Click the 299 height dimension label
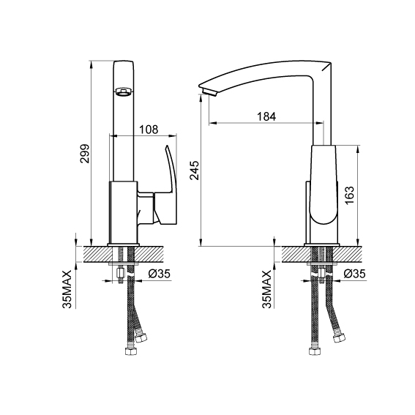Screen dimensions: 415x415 pyautogui.click(x=85, y=154)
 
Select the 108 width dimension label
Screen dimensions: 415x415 pyautogui.click(x=149, y=130)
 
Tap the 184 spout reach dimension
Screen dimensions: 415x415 pyautogui.click(x=266, y=116)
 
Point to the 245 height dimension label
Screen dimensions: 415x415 pyautogui.click(x=195, y=171)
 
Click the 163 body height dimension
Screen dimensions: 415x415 pyautogui.click(x=350, y=195)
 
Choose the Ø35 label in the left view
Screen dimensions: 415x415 pyautogui.click(x=160, y=274)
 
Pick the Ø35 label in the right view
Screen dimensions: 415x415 pyautogui.click(x=355, y=274)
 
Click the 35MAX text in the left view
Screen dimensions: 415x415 pyautogui.click(x=67, y=289)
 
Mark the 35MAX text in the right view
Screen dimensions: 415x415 pyautogui.click(x=266, y=289)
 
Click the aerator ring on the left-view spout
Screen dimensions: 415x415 pyautogui.click(x=123, y=91)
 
